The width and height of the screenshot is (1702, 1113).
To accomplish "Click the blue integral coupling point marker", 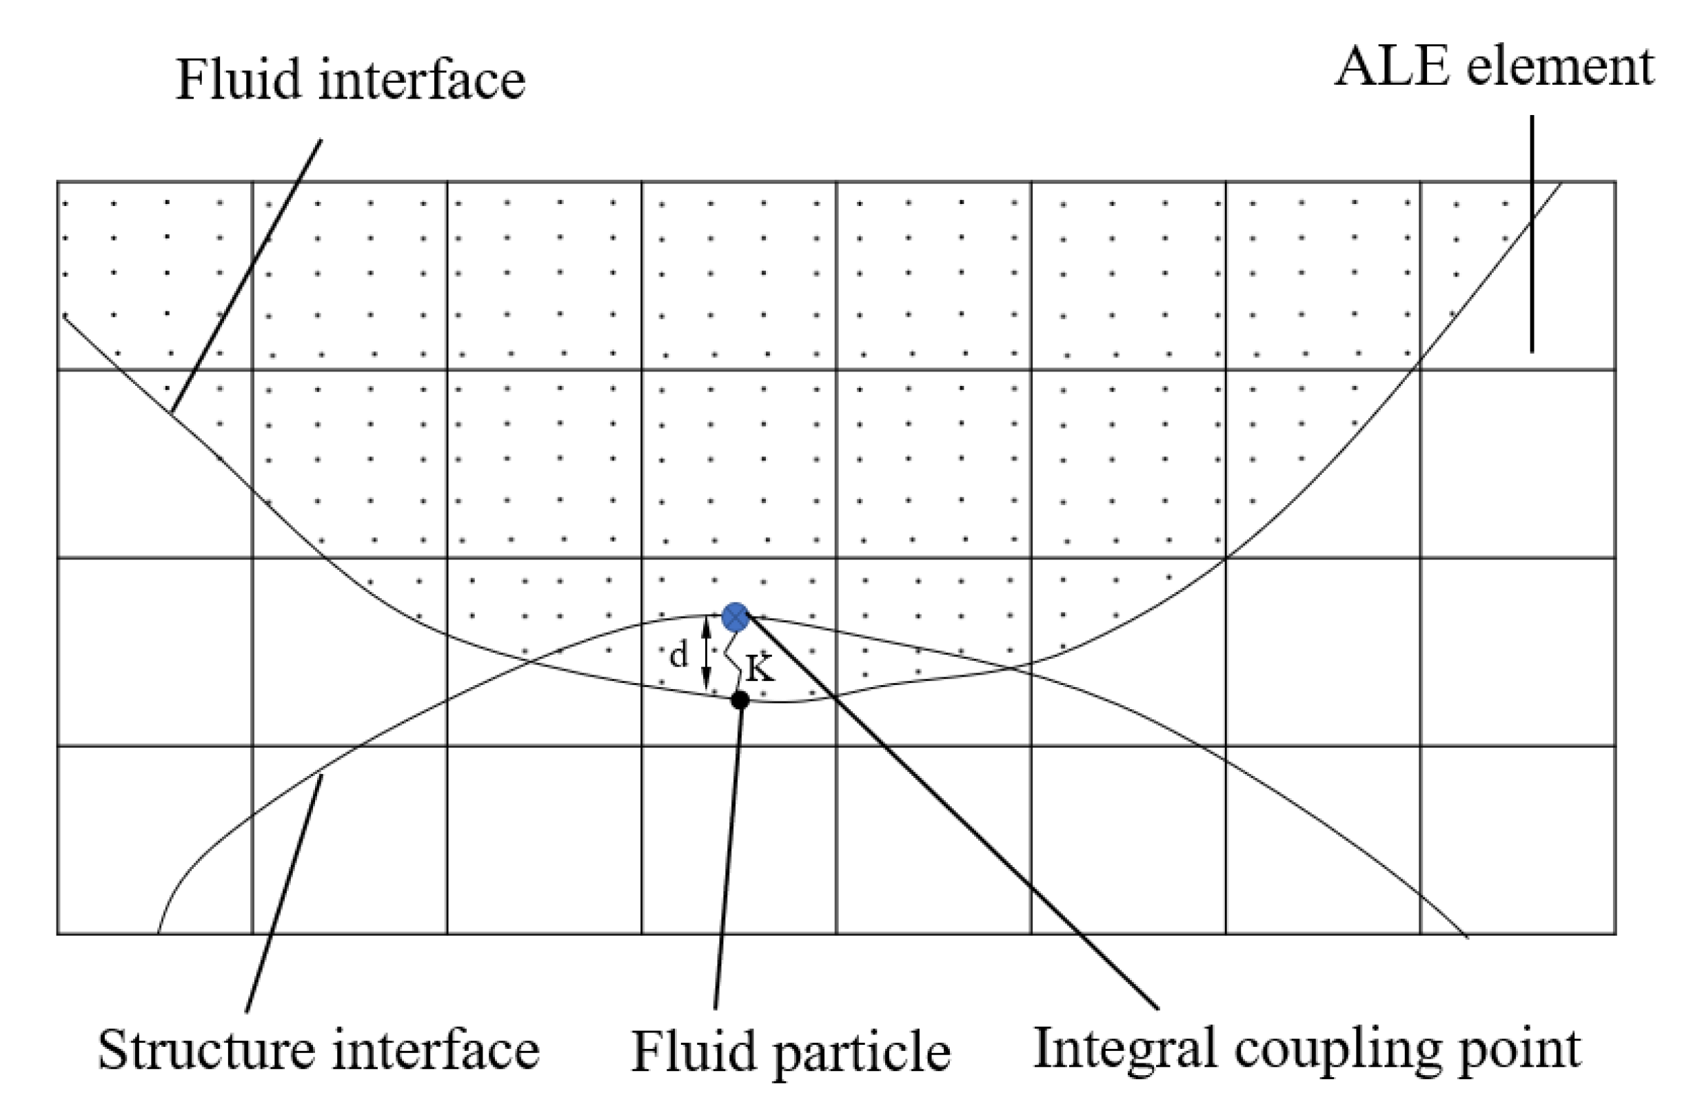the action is tap(735, 617).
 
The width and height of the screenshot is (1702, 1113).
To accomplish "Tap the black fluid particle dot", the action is tap(740, 700).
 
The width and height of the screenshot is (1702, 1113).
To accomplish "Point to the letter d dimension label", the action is tap(678, 654).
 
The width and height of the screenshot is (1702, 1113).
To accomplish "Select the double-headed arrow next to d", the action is tap(707, 653).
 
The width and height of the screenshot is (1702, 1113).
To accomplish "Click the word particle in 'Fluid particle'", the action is tap(862, 1052).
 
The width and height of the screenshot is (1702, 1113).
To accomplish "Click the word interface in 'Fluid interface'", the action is tap(422, 79).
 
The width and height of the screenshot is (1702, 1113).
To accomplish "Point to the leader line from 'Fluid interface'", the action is tap(247, 275).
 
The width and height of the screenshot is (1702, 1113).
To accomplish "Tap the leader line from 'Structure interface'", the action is tap(284, 894).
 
